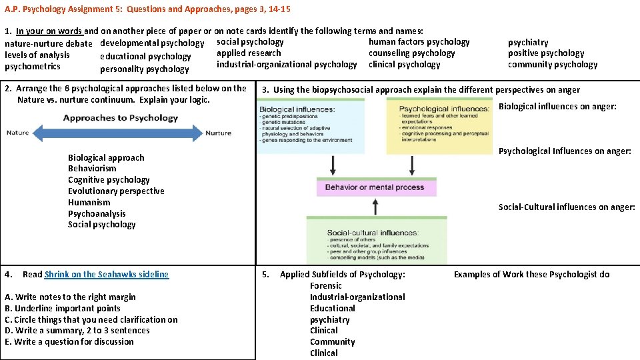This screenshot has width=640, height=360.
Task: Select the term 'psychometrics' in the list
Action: pos(32,66)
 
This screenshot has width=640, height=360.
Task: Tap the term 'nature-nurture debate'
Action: pos(49,43)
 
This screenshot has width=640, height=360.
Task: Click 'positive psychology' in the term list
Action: pos(546,53)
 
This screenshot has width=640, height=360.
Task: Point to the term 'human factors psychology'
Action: pos(419,42)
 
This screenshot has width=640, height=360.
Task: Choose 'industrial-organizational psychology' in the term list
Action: pos(287,65)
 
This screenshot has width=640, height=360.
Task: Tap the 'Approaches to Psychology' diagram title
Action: pos(121,118)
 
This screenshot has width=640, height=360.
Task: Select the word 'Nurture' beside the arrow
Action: pos(218,133)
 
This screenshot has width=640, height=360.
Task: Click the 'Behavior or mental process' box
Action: pos(375,187)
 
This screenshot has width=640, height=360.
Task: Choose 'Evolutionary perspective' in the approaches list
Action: pos(116,191)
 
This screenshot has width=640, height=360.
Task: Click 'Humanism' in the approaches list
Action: pos(89,203)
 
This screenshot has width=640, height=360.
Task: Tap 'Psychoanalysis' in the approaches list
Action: pos(97,214)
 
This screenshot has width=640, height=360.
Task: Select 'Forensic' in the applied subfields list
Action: pos(326,286)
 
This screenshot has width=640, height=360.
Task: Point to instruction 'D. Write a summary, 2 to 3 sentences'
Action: pos(77,331)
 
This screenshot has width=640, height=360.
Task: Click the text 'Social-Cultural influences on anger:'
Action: pos(567,207)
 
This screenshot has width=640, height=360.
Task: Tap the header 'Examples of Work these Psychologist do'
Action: pos(531,275)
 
